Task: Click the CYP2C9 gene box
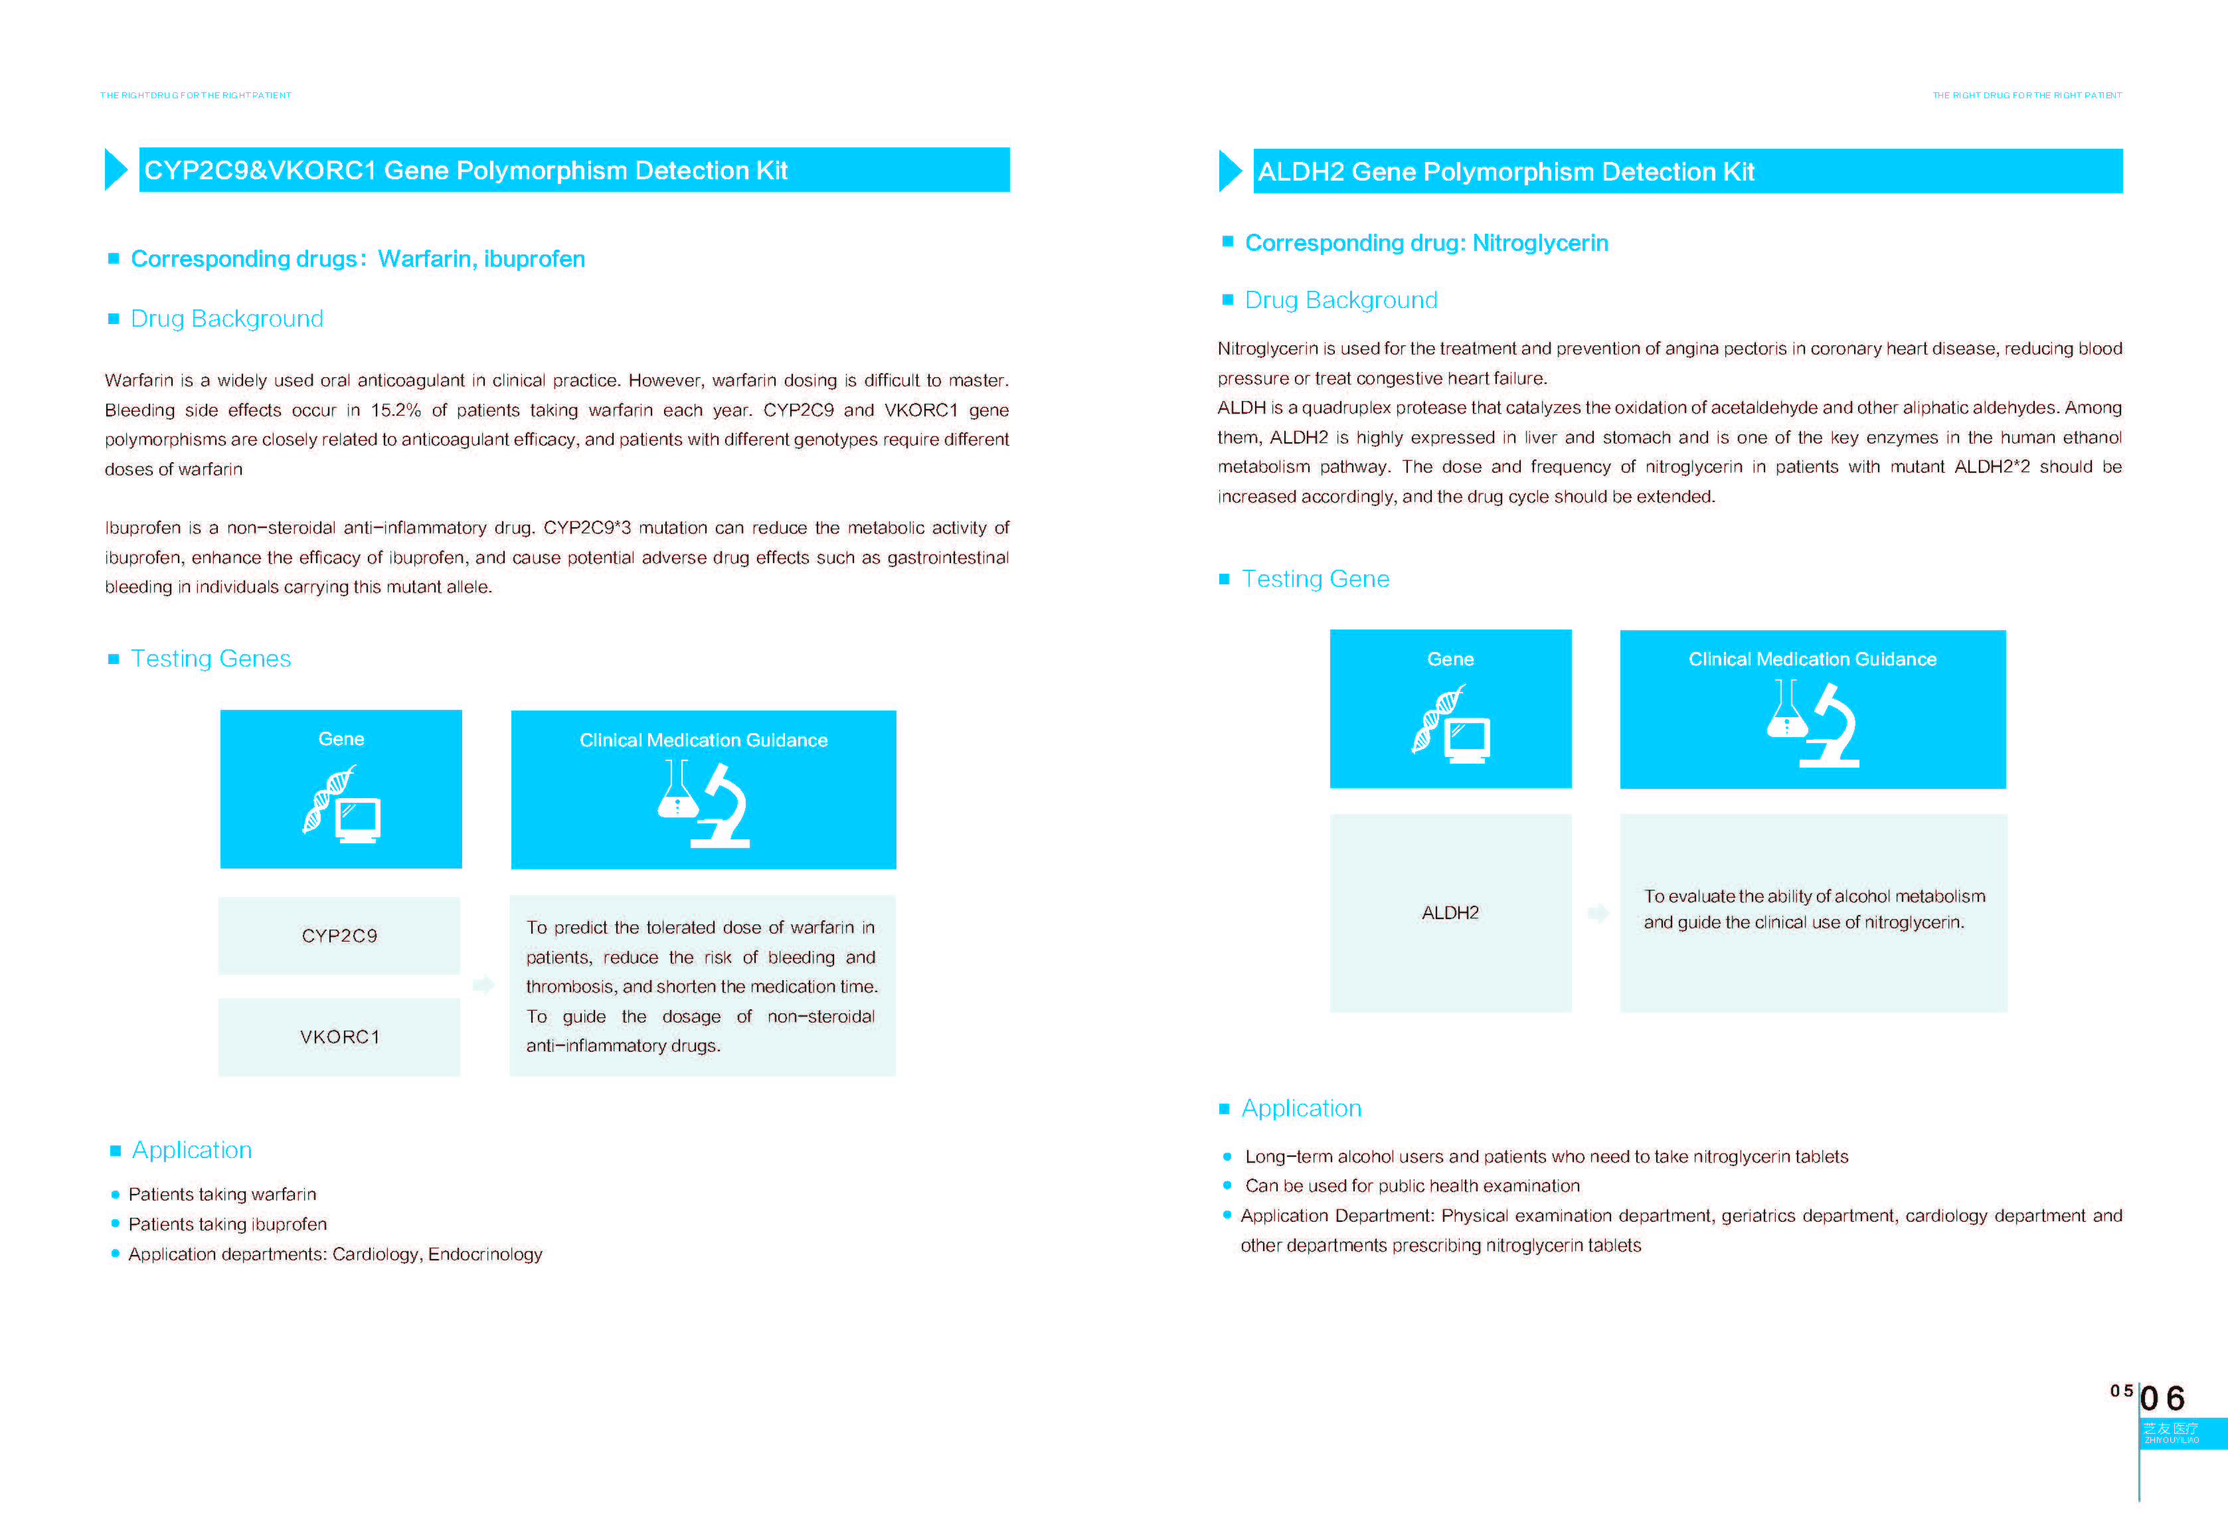tap(339, 936)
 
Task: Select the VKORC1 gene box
tap(339, 1037)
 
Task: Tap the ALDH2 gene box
tap(1450, 912)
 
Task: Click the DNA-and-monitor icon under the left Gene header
tap(341, 804)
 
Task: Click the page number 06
tap(2164, 1398)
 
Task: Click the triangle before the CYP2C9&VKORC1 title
tap(115, 169)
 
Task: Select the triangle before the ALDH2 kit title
tap(1229, 171)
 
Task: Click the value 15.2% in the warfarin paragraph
tap(395, 410)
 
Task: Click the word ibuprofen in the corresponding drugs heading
tap(534, 259)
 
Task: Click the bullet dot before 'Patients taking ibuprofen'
tap(115, 1224)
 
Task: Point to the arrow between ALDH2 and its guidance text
tap(1597, 912)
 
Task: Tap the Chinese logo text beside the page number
tap(2172, 1429)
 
